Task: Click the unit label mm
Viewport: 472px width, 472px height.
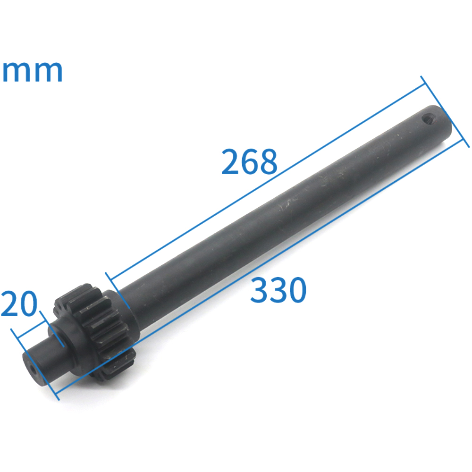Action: point(32,72)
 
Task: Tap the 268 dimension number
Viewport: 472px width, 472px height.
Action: point(249,161)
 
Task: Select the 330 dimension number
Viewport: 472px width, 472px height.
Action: point(278,290)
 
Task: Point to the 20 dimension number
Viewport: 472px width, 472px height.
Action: point(19,303)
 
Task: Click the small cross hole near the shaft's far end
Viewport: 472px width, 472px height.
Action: point(428,118)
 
